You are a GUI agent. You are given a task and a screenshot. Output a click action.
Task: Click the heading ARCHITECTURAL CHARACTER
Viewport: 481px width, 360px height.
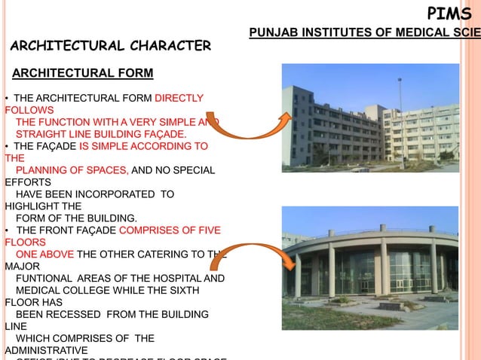point(111,46)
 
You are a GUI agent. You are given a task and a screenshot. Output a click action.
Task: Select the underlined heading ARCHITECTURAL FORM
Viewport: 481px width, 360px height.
point(83,73)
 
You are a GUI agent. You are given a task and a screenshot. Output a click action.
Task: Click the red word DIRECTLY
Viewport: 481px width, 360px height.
point(179,98)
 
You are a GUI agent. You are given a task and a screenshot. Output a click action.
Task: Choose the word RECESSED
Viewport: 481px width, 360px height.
point(80,314)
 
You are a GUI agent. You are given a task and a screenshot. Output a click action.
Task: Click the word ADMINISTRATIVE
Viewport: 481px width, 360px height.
point(46,350)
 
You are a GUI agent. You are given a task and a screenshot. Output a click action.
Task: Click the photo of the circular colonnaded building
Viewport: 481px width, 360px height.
point(369,267)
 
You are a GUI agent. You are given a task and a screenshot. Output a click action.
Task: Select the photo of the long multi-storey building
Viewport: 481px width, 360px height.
point(369,117)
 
